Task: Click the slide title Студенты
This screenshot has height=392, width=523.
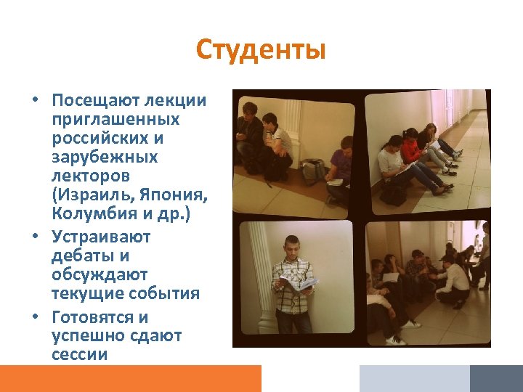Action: click(261, 51)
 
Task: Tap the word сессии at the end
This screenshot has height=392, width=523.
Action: click(79, 354)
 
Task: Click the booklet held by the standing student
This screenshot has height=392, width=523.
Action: click(298, 284)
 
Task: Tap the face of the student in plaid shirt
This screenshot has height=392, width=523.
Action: click(293, 246)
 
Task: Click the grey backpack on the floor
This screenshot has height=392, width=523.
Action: click(313, 171)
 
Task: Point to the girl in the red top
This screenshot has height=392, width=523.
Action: click(412, 149)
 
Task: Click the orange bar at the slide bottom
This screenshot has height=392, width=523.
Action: click(130, 378)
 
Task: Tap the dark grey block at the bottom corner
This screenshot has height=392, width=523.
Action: click(495, 378)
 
